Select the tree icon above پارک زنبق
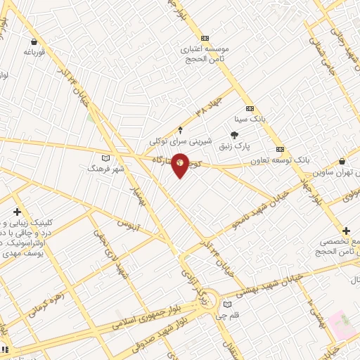click(235, 135)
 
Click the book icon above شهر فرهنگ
click(106, 157)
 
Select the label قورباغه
click(34, 52)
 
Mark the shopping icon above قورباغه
click(32, 41)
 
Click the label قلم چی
click(227, 316)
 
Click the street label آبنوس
click(129, 226)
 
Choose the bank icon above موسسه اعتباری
click(205, 38)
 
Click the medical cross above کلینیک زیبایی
click(17, 212)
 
